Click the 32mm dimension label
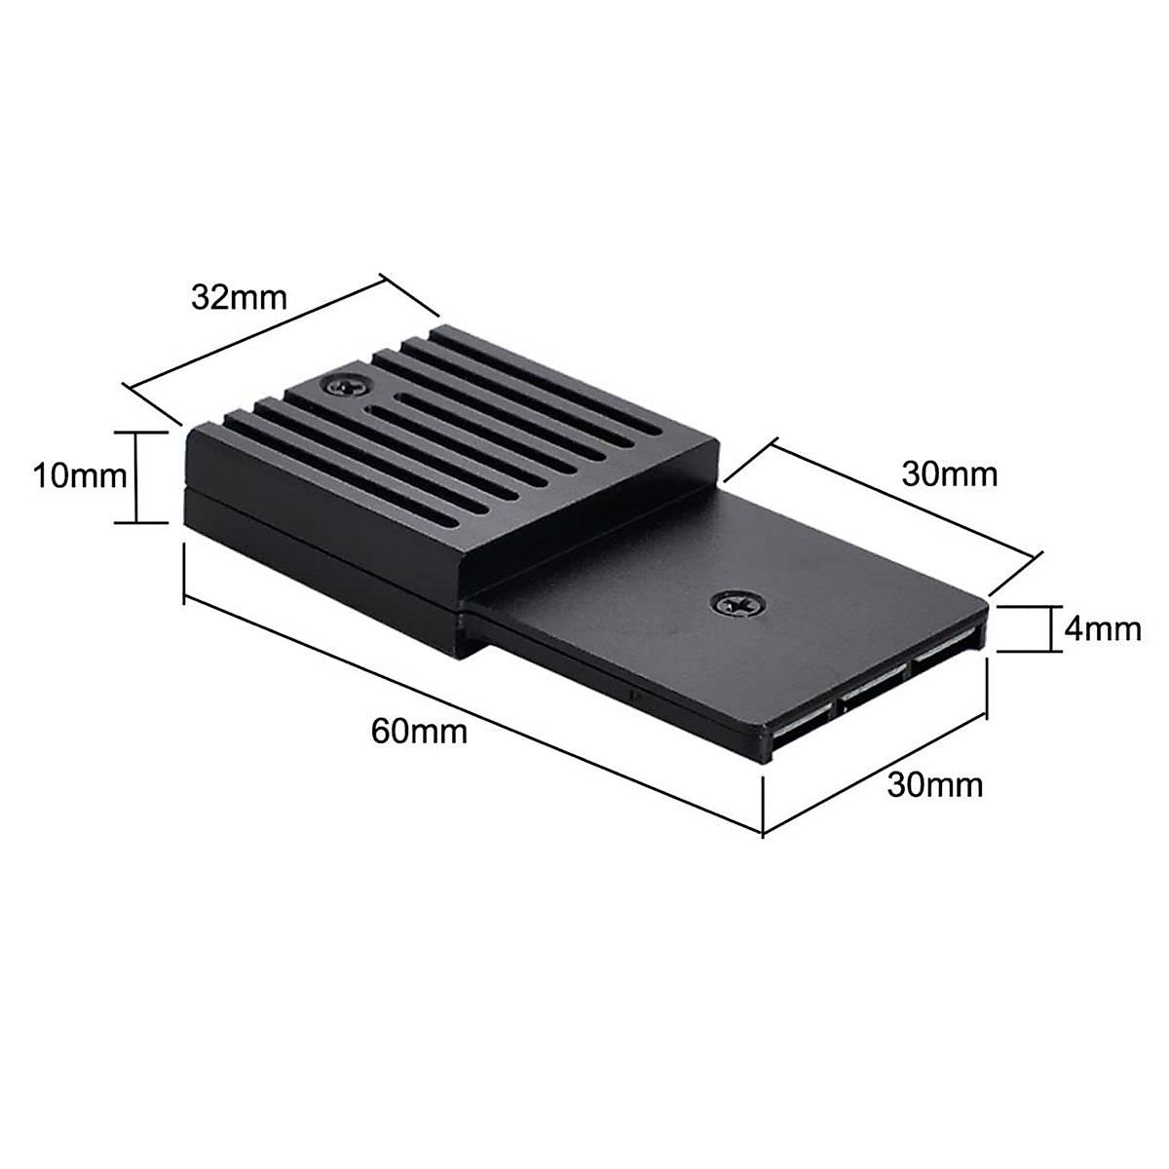(x=240, y=297)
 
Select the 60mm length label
(x=419, y=731)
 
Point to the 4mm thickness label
(x=1102, y=628)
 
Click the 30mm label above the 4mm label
(x=950, y=474)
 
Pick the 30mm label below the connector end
(x=934, y=784)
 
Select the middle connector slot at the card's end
(x=872, y=694)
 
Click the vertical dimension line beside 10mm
(x=136, y=476)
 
